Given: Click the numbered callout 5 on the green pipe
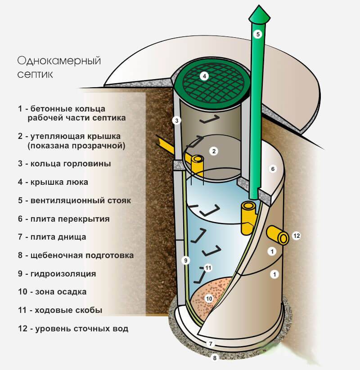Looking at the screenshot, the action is [x=258, y=35].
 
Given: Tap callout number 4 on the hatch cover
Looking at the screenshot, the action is [x=204, y=76].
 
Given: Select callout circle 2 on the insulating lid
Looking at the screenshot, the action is [x=214, y=151].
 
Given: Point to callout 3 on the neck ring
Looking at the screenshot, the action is [x=176, y=121].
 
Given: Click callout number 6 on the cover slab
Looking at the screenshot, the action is [x=273, y=169].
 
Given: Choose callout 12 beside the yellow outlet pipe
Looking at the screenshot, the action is [x=297, y=236].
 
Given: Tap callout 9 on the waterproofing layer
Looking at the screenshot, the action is [x=186, y=260].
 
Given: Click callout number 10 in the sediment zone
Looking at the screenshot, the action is [x=209, y=299].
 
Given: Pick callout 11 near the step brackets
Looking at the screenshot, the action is [x=208, y=268].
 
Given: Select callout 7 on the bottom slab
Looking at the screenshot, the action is [x=211, y=344].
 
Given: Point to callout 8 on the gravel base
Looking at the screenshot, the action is [x=215, y=358].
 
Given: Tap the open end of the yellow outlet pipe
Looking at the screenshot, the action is [x=283, y=239].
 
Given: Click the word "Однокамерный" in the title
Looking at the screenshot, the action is [x=59, y=61].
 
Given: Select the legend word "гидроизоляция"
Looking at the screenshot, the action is [x=63, y=274].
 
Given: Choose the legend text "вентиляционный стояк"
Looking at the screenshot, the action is [x=81, y=201].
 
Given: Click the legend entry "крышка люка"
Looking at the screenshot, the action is [x=59, y=182].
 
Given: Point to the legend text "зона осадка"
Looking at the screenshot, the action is [x=61, y=292].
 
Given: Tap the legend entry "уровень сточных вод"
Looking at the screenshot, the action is [x=82, y=329].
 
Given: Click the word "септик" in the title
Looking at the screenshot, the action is [x=35, y=75].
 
